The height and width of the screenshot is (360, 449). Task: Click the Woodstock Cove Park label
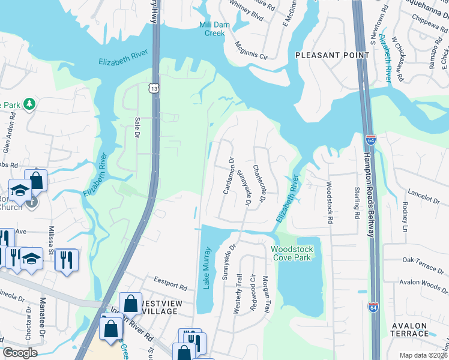(292, 253)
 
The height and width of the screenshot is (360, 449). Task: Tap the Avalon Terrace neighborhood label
(409, 329)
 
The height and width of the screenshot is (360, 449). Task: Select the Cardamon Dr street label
(229, 175)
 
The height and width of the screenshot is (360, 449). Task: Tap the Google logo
(20, 353)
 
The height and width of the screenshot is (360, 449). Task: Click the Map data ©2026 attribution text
(423, 355)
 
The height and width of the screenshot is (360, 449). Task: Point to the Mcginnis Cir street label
(251, 50)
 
